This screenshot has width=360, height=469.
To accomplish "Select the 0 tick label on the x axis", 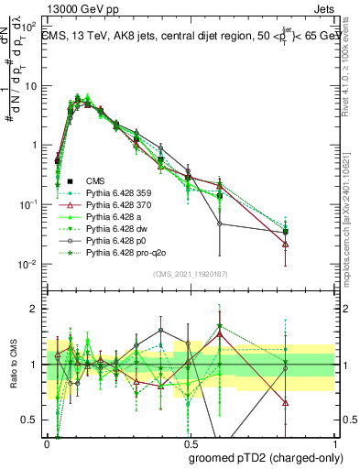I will tap(47, 443).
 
